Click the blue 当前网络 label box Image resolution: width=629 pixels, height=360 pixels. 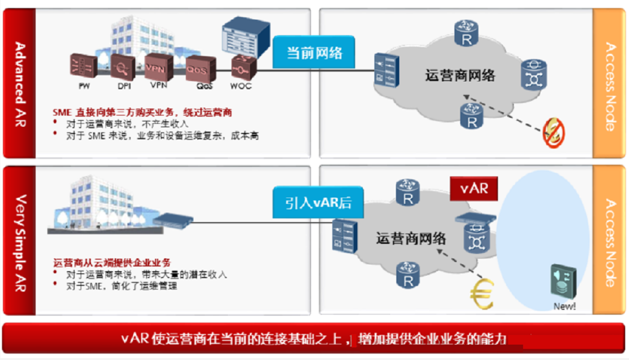coord(314,52)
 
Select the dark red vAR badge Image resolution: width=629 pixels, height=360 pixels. coord(474,188)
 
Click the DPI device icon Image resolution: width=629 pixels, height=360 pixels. coord(123,67)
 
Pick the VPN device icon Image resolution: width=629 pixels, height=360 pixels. coord(158,67)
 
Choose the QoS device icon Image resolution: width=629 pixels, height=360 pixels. coord(197,69)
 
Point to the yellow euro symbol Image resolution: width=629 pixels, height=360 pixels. coord(481,293)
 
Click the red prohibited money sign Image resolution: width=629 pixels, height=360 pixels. coord(553,133)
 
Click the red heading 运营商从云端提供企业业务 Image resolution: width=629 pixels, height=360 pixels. coord(112,263)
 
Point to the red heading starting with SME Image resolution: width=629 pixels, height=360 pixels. coord(143,113)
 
